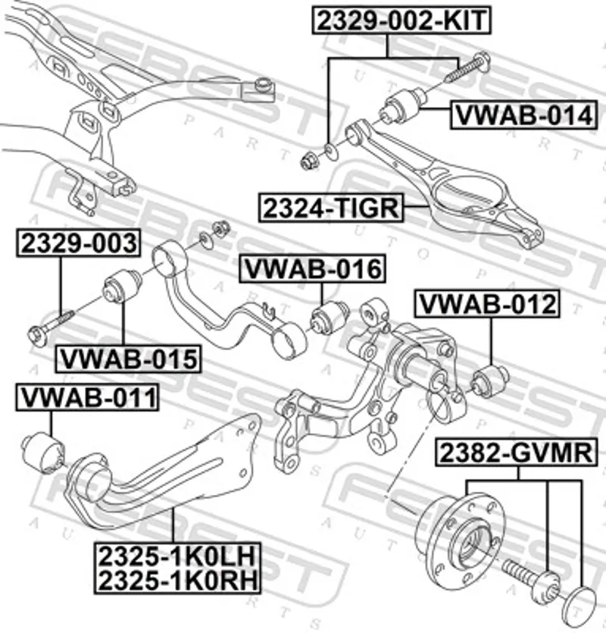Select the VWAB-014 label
[x=521, y=115]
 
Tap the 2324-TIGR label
[x=331, y=207]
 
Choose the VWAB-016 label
[x=311, y=269]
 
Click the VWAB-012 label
[x=488, y=304]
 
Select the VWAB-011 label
[x=88, y=396]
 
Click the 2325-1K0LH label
[x=176, y=557]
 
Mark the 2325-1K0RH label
[x=176, y=580]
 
